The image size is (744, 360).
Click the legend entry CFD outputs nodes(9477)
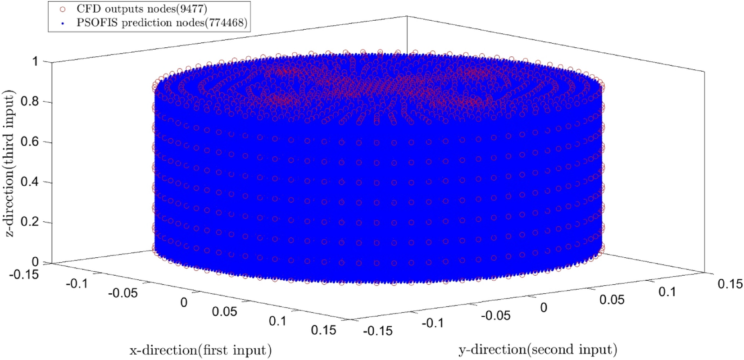coord(141,9)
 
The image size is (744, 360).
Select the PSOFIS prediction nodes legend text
coord(162,23)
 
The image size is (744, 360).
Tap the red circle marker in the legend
coord(63,9)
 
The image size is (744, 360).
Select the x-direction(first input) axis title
coord(200,350)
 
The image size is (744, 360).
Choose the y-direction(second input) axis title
coord(538,350)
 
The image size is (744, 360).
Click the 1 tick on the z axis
coord(35,61)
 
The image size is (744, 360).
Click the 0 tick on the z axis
coord(35,262)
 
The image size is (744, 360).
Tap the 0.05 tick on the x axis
coord(224,311)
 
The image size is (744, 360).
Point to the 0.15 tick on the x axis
coord(323,330)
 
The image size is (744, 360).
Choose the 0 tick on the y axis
coord(544,307)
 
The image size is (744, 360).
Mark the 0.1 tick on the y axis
coord(667,292)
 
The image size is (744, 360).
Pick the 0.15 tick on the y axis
coord(730,283)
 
